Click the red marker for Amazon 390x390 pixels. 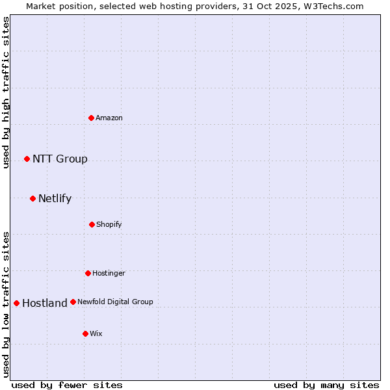click(92, 118)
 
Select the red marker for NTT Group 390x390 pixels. click(27, 159)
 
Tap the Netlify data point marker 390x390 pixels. click(32, 198)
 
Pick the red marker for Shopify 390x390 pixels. click(92, 224)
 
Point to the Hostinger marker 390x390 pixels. click(88, 273)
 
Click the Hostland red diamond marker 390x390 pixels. click(16, 303)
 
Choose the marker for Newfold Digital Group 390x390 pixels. click(73, 302)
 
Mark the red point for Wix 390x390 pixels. click(85, 333)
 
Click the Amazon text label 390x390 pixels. click(109, 118)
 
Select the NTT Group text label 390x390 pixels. click(60, 159)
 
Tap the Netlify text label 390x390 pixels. click(55, 199)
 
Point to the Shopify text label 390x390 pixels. click(109, 224)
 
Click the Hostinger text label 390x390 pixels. click(109, 273)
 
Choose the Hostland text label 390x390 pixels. click(44, 304)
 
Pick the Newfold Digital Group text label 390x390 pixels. click(115, 302)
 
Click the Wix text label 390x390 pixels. click(96, 333)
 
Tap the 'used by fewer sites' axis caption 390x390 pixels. click(67, 385)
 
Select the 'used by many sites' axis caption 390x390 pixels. click(326, 385)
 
